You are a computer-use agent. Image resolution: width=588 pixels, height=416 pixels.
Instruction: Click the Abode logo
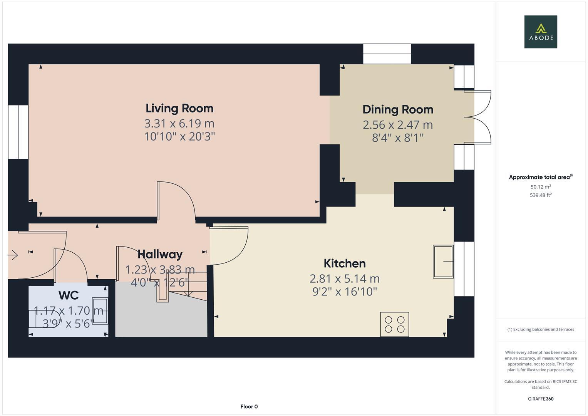[x=540, y=32]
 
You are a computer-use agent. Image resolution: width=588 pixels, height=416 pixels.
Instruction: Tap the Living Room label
[x=179, y=108]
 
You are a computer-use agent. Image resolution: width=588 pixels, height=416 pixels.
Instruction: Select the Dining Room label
[x=398, y=109]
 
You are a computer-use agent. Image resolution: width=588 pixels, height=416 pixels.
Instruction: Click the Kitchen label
[x=344, y=263]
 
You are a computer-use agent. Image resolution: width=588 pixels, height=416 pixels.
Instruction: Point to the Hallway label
[x=160, y=254]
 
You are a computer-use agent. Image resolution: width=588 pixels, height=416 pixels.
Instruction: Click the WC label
[x=69, y=295]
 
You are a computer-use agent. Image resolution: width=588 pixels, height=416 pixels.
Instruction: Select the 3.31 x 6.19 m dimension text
[x=179, y=124]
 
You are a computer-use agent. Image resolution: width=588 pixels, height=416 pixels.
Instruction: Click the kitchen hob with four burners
[x=394, y=324]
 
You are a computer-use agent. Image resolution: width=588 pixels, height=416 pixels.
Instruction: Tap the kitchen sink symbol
[x=443, y=262]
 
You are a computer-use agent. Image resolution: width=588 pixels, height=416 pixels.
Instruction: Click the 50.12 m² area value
[x=540, y=187]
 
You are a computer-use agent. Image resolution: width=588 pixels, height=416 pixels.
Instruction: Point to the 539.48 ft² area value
[x=540, y=195]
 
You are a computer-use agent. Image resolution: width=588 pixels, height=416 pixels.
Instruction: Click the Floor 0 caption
[x=249, y=406]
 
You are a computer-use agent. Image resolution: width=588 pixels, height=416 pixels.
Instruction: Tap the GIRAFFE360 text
[x=540, y=399]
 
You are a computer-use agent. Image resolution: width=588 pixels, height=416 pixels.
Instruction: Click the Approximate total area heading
[x=540, y=177]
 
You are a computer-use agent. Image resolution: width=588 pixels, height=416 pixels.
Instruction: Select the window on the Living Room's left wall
[x=18, y=132]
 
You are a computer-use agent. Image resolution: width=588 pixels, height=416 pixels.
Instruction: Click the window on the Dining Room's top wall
[x=387, y=54]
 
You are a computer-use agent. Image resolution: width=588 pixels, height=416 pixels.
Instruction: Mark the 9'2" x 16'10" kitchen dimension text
[x=344, y=292]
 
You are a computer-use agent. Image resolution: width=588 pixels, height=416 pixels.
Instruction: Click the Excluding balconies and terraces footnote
[x=540, y=329]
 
